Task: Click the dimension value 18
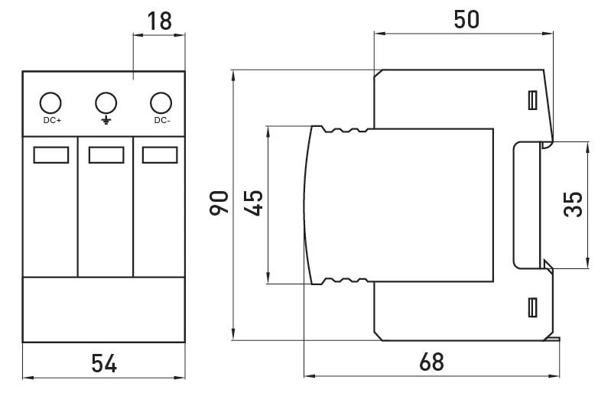(x=159, y=21)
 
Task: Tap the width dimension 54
(x=104, y=363)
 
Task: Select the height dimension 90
(x=219, y=203)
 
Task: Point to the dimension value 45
(x=253, y=203)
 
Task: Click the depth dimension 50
(x=466, y=19)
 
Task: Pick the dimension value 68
(x=431, y=362)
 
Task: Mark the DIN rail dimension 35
(x=573, y=204)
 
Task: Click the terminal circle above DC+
(x=50, y=103)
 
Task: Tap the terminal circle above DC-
(x=161, y=103)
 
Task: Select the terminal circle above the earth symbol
(x=106, y=103)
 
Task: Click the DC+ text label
(x=52, y=120)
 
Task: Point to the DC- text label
(x=162, y=120)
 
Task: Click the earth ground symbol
(x=106, y=120)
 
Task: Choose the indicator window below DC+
(x=51, y=155)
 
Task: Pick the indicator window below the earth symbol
(x=106, y=155)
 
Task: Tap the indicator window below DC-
(x=160, y=155)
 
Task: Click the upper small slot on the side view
(x=533, y=100)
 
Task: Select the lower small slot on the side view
(x=533, y=307)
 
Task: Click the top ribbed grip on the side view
(x=345, y=129)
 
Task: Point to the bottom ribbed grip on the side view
(x=345, y=281)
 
